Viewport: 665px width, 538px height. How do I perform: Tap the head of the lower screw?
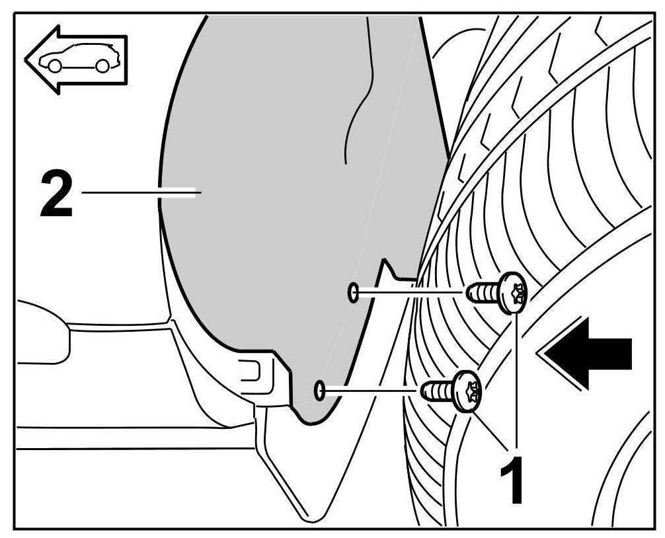click(467, 391)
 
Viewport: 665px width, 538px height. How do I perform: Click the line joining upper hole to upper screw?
click(410, 291)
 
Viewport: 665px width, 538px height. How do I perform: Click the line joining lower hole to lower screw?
click(370, 391)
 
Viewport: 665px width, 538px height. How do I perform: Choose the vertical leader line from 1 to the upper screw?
click(516, 377)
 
